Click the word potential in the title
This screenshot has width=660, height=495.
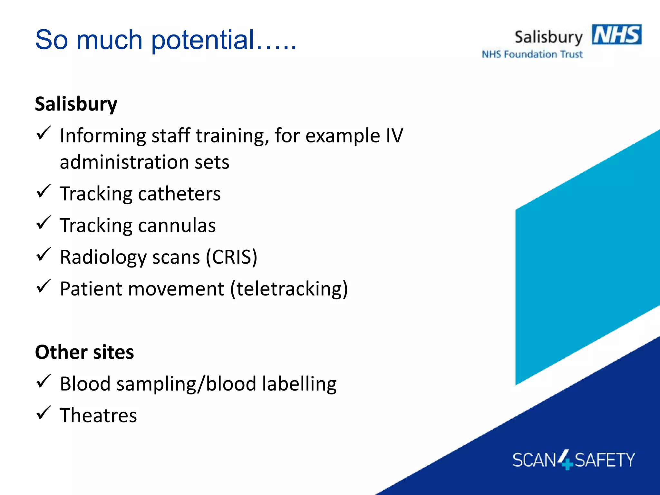click(203, 40)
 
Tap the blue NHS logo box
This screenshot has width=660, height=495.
click(616, 34)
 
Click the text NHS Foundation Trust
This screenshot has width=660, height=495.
click(532, 54)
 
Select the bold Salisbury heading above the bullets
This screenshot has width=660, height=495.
click(76, 104)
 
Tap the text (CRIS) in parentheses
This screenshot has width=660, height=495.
click(231, 257)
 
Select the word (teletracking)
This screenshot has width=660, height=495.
click(289, 289)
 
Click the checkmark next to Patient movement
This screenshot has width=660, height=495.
click(44, 286)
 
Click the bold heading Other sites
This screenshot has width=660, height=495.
click(84, 352)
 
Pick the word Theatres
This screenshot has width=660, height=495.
click(98, 415)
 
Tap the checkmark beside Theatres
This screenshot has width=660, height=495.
click(44, 413)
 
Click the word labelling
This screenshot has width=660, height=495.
click(299, 384)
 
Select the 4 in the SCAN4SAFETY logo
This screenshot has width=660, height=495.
click(565, 459)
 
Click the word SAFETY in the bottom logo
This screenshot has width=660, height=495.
click(604, 460)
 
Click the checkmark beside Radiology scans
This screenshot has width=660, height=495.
click(44, 254)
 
